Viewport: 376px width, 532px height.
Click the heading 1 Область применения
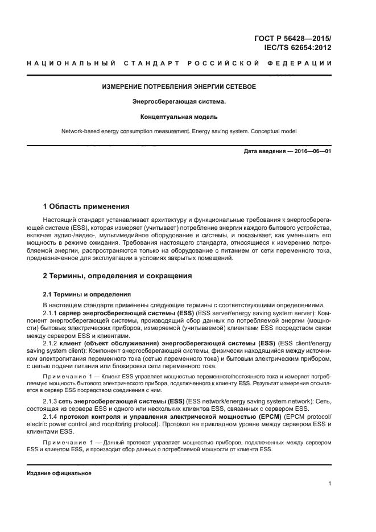[86, 206]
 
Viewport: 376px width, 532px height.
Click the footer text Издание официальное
[59, 473]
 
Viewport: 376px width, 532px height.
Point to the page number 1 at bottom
[329, 484]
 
